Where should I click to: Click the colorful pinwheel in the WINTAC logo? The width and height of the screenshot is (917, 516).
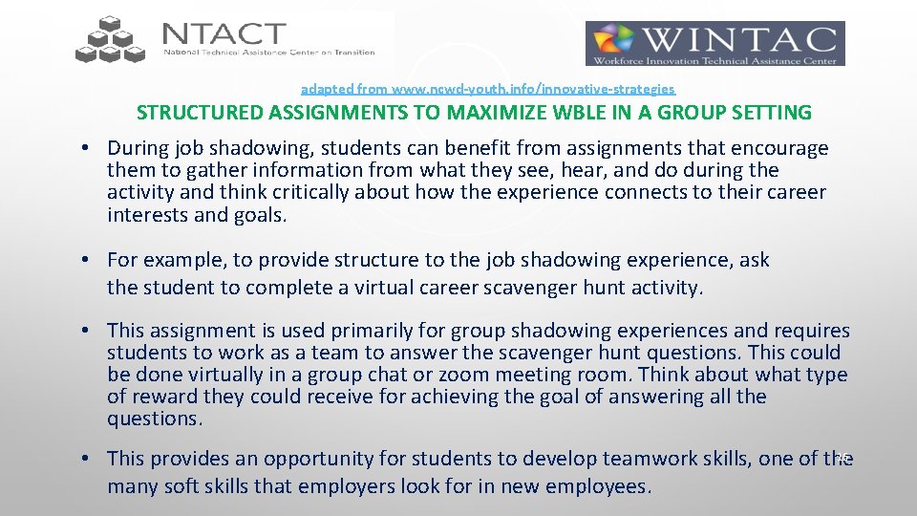(614, 43)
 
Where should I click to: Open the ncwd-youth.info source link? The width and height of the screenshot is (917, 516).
(487, 88)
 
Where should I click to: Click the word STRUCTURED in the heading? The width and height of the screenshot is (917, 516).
(200, 113)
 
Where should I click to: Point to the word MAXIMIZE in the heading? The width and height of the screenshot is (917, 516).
(446, 113)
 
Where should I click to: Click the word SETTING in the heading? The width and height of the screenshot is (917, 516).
(768, 113)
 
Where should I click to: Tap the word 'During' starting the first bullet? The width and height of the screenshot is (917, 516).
(136, 148)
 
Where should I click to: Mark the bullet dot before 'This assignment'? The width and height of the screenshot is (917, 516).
(86, 331)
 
